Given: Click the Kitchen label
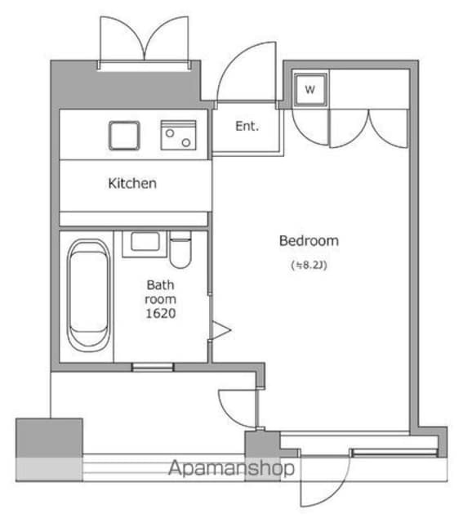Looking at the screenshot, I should pos(132,183).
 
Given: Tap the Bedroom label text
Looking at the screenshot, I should pos(308,241).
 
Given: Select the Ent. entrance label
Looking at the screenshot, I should pos(247,126).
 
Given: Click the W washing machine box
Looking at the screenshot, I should pos(309,90).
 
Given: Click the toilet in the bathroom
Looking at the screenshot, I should pos(180,249).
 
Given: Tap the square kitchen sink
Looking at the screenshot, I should pos(124,135).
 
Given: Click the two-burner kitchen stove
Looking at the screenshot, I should pos(180,136).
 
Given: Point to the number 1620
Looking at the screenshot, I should pos(161,313).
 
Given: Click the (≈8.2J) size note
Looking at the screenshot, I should pos(310,265).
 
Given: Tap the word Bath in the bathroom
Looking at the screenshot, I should pos(160,285).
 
